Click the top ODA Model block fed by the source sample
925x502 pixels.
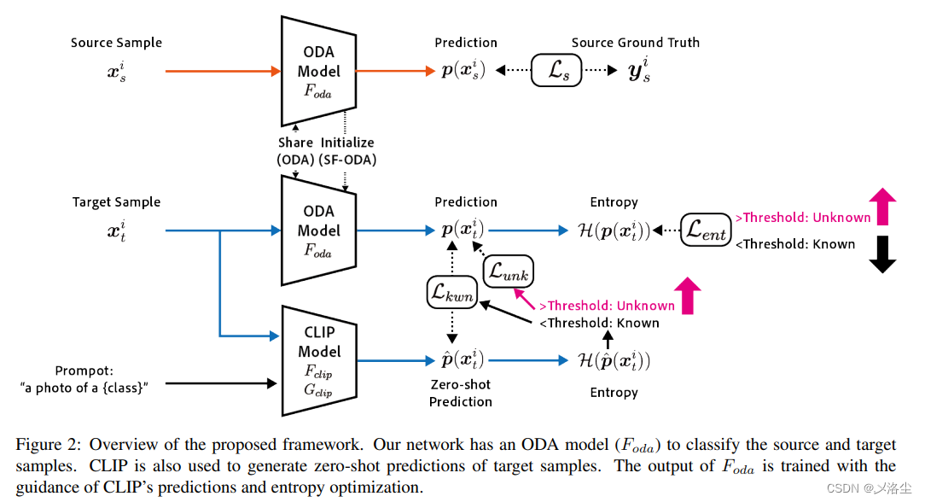318,72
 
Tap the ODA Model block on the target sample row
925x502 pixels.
318,231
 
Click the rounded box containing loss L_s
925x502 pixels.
557,72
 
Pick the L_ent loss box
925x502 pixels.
707,230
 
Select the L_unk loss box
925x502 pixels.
509,271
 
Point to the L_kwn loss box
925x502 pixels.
451,293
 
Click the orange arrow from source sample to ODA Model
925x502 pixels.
222,72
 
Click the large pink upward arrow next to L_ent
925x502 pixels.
882,208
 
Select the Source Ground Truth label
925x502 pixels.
635,43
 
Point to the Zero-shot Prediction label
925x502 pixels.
461,394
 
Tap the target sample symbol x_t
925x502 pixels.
116,231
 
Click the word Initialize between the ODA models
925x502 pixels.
347,143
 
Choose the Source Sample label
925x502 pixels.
116,43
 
